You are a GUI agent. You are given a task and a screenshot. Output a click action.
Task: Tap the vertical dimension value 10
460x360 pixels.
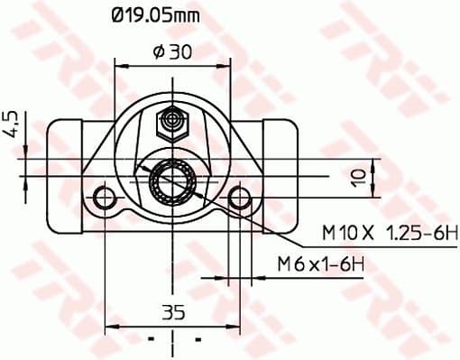(x=359, y=176)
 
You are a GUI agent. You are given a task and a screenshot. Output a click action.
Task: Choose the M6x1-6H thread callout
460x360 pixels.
(x=320, y=264)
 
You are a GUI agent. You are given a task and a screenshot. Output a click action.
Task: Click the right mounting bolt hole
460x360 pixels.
(x=239, y=197)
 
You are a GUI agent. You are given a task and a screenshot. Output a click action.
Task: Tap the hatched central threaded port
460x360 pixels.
(x=171, y=180)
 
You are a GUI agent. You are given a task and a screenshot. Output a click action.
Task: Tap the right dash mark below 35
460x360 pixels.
(x=197, y=340)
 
